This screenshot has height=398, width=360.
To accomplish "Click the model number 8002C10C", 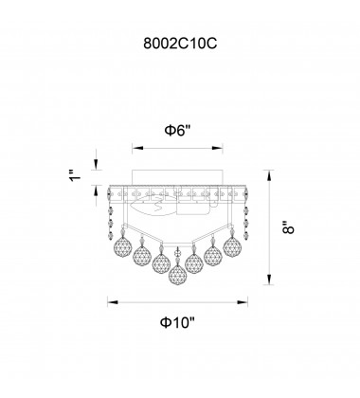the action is click(x=180, y=44).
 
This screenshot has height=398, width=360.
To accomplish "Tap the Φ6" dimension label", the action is click(x=178, y=130).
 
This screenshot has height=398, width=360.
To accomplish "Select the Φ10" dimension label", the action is click(x=178, y=322).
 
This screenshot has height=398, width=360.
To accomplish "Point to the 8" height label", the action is click(x=288, y=226).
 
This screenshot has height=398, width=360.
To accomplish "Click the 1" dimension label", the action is click(x=75, y=175).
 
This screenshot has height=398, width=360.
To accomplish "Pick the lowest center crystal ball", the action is click(x=178, y=275).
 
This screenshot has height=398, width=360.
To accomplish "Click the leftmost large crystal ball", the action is click(x=122, y=245).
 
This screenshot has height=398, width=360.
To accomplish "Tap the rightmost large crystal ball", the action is click(x=232, y=246).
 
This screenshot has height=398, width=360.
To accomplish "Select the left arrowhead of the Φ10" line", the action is click(x=113, y=302).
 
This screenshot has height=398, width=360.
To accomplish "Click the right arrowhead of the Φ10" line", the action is click(x=243, y=302).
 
